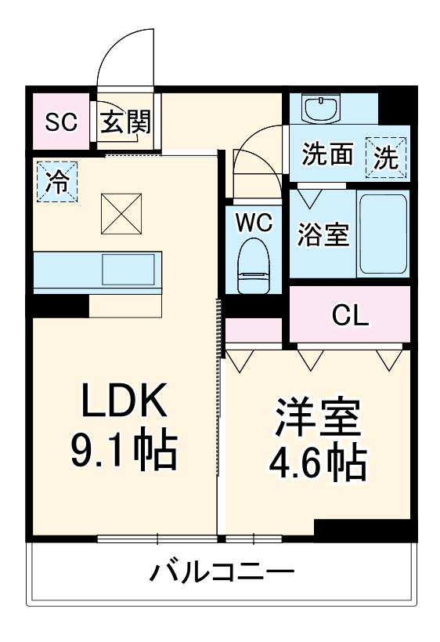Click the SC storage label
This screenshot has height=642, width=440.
coord(60,122)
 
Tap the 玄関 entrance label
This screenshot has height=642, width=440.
coord(125,122)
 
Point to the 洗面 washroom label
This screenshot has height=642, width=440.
coord(328,154)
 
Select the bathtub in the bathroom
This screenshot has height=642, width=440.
coord(382,233)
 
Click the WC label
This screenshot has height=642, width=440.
coord(254,223)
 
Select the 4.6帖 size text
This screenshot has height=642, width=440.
coord(318,464)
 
